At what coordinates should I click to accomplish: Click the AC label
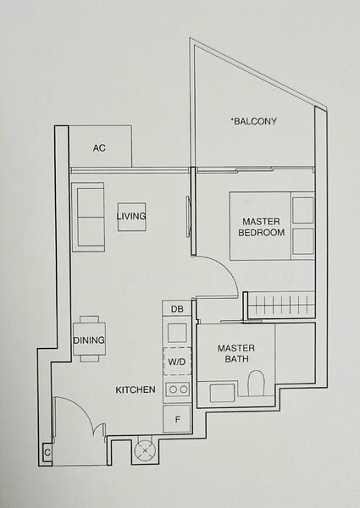tap(99, 148)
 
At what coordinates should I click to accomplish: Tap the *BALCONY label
tap(254, 122)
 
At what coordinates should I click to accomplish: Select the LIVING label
tap(131, 217)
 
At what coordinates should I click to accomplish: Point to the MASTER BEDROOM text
tap(261, 227)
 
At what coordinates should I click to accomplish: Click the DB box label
tap(177, 311)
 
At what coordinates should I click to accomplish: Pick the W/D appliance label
tap(177, 362)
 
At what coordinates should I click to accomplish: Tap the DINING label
tap(89, 340)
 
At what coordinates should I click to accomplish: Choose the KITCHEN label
tap(136, 390)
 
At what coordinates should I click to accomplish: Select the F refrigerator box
tap(177, 419)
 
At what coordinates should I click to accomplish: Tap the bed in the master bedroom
tap(271, 225)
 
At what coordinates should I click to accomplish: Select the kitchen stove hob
tap(177, 389)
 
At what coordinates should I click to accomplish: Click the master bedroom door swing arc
tap(222, 279)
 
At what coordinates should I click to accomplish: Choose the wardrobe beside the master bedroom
tap(279, 304)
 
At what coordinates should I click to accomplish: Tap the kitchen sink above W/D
tap(177, 333)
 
